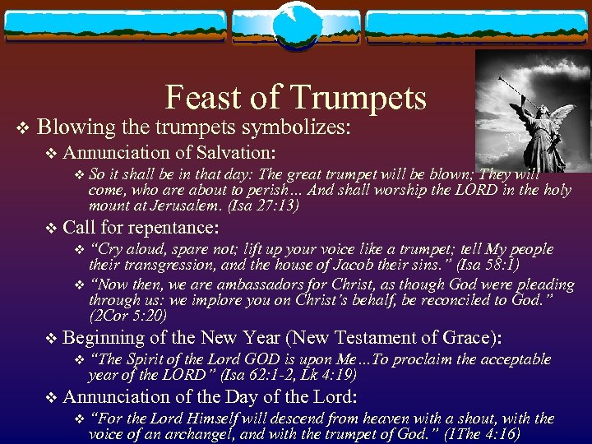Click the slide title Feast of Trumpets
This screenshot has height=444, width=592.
(x=296, y=98)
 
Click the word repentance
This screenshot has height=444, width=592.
(x=176, y=227)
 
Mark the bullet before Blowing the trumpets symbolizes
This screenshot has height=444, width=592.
(x=23, y=129)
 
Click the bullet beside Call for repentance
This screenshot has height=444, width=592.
(x=52, y=229)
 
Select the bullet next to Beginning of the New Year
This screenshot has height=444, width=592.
(x=52, y=339)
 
